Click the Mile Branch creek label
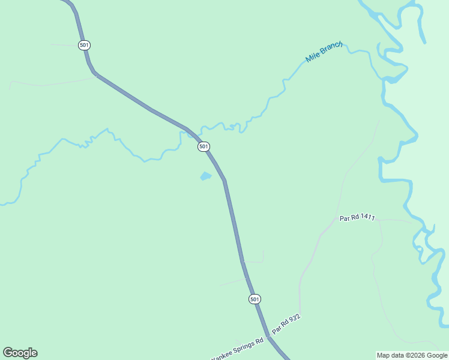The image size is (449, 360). point(324,52)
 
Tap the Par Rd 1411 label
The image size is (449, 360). point(357,218)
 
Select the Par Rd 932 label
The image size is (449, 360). point(285,324)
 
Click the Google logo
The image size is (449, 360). point(20,353)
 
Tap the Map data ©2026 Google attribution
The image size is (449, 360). point(412,355)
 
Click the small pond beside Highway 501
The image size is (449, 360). point(205,176)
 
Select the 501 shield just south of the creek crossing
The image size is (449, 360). point(203,146)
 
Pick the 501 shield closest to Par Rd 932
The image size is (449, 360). point(255,299)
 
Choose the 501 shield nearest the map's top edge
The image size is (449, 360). point(84,45)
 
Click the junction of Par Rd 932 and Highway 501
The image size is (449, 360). point(268,337)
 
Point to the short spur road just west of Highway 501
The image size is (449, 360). point(233,282)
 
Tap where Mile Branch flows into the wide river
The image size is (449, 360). point(382,80)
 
